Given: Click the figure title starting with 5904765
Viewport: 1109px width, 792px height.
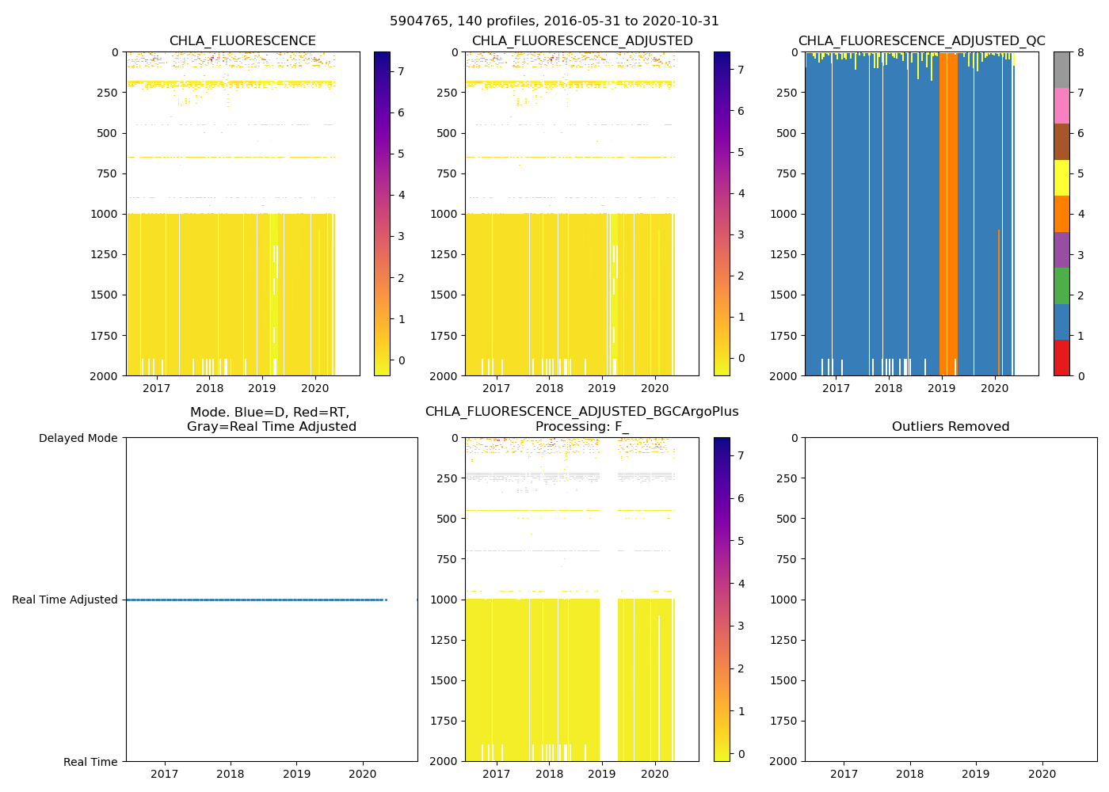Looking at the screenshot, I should (x=554, y=21).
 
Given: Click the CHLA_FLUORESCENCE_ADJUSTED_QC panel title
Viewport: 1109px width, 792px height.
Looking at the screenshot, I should (x=921, y=41).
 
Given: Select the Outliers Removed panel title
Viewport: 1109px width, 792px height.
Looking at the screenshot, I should (x=951, y=427).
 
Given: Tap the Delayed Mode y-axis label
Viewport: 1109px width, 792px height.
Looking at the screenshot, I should (x=78, y=438).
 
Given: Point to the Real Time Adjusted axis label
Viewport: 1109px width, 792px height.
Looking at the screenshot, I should (x=65, y=600).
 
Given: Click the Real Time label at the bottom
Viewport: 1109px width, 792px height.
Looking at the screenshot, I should (x=90, y=762).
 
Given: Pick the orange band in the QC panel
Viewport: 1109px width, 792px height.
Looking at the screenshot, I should (x=948, y=214).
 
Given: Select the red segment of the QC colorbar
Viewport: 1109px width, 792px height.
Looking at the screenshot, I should (x=1061, y=357).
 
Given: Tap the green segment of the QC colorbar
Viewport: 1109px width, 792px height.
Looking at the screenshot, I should (x=1061, y=286).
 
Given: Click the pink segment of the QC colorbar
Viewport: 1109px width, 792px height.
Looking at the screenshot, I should (x=1061, y=106).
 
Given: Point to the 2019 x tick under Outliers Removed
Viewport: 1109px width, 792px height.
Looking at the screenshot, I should (x=976, y=774).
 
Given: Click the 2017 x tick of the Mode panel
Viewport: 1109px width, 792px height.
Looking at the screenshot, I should (x=164, y=774).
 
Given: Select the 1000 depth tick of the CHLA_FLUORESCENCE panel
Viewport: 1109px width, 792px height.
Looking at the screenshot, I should (x=105, y=214).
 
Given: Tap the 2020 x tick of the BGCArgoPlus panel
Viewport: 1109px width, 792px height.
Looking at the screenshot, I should (x=655, y=774).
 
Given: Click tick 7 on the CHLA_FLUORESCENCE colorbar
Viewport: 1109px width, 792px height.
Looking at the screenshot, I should (x=401, y=71).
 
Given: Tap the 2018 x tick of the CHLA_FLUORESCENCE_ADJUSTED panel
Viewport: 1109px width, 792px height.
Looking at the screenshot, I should (x=549, y=388).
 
